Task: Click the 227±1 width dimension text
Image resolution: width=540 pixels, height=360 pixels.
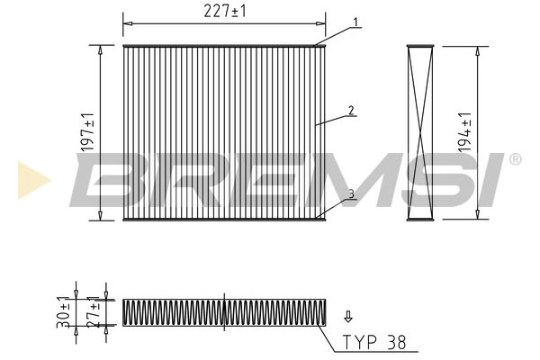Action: [224, 11]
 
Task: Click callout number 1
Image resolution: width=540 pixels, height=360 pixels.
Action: [356, 22]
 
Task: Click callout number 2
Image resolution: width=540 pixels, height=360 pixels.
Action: [352, 111]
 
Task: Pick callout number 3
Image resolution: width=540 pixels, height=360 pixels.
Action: [352, 193]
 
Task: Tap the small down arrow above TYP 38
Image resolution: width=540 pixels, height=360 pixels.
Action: [347, 316]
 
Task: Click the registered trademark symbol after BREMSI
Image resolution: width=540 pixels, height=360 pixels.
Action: [515, 159]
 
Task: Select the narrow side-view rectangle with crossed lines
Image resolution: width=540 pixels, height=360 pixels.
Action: [421, 131]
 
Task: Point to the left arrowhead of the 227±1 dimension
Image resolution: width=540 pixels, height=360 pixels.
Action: [126, 21]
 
